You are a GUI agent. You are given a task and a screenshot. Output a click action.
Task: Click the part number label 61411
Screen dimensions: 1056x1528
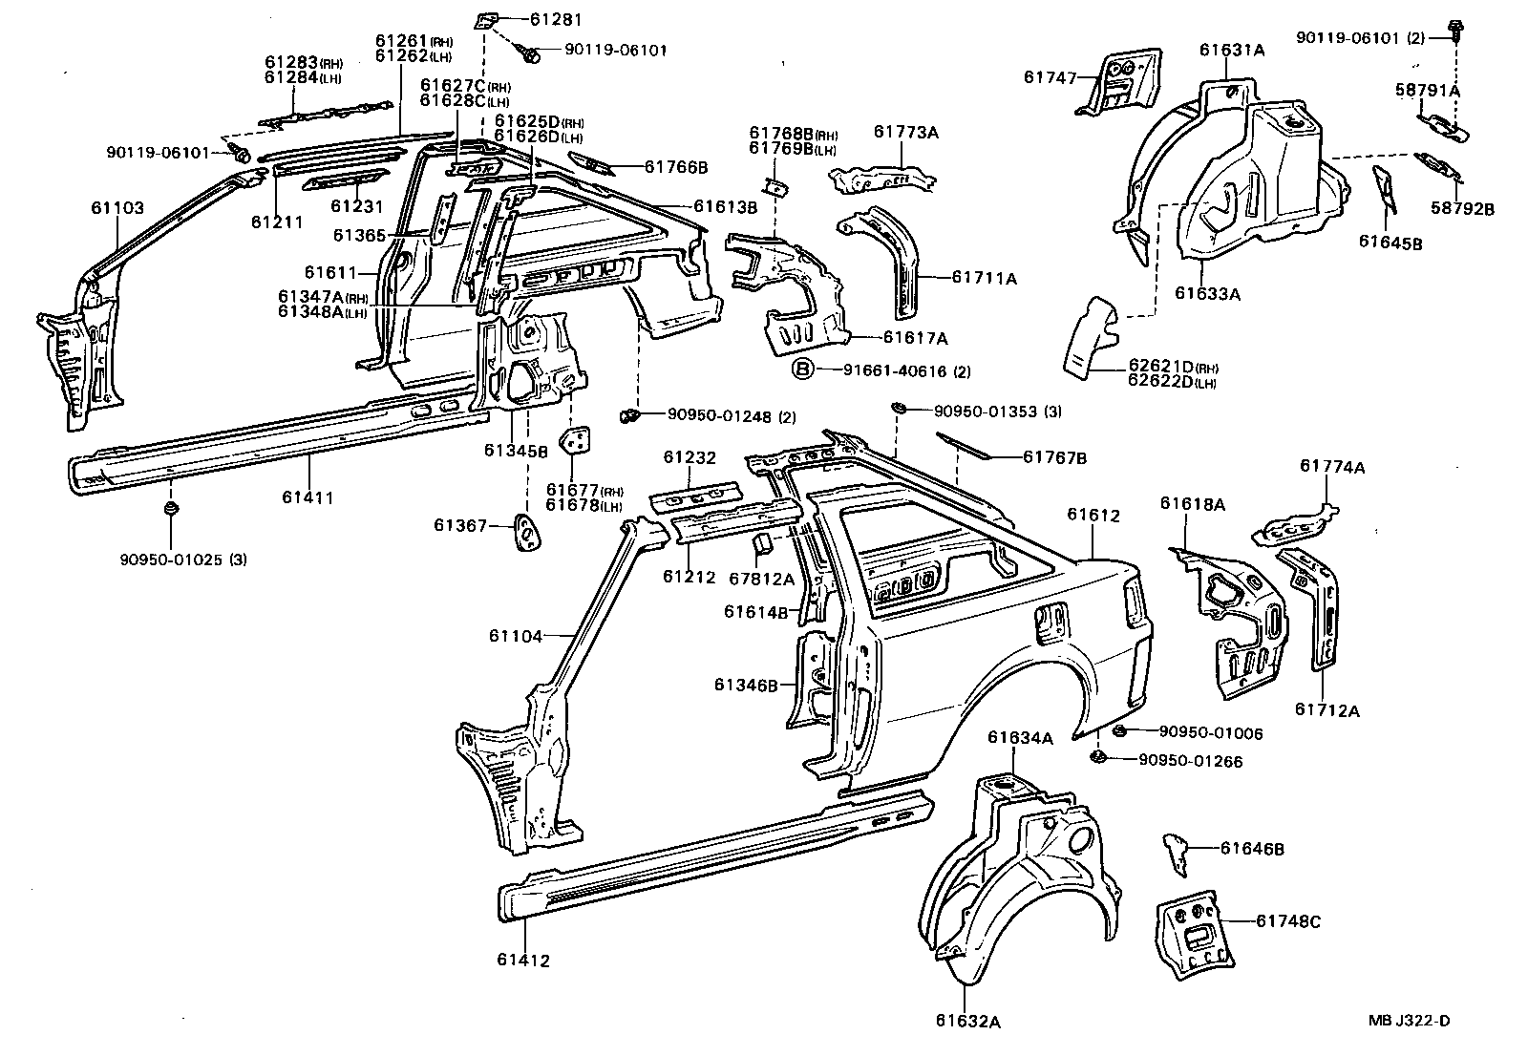tap(308, 497)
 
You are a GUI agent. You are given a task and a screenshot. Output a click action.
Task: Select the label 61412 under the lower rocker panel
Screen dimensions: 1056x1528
tap(523, 961)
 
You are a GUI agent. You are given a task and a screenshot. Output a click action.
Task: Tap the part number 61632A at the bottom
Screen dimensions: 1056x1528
tap(968, 1022)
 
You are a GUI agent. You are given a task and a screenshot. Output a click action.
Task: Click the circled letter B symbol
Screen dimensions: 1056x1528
tap(803, 370)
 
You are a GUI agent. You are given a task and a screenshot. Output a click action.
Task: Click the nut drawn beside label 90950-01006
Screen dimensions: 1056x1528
tap(1120, 731)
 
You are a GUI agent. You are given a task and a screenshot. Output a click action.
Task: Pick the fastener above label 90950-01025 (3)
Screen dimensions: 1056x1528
tap(171, 510)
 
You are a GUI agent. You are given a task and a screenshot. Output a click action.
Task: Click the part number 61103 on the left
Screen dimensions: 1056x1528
tap(117, 207)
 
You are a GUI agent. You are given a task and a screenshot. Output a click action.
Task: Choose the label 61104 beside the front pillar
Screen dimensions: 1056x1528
tap(515, 636)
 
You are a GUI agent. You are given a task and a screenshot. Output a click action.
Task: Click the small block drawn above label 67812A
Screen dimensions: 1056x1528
tap(763, 544)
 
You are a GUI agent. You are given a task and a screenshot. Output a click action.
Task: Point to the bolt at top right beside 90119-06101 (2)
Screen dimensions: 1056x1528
tap(1455, 29)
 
